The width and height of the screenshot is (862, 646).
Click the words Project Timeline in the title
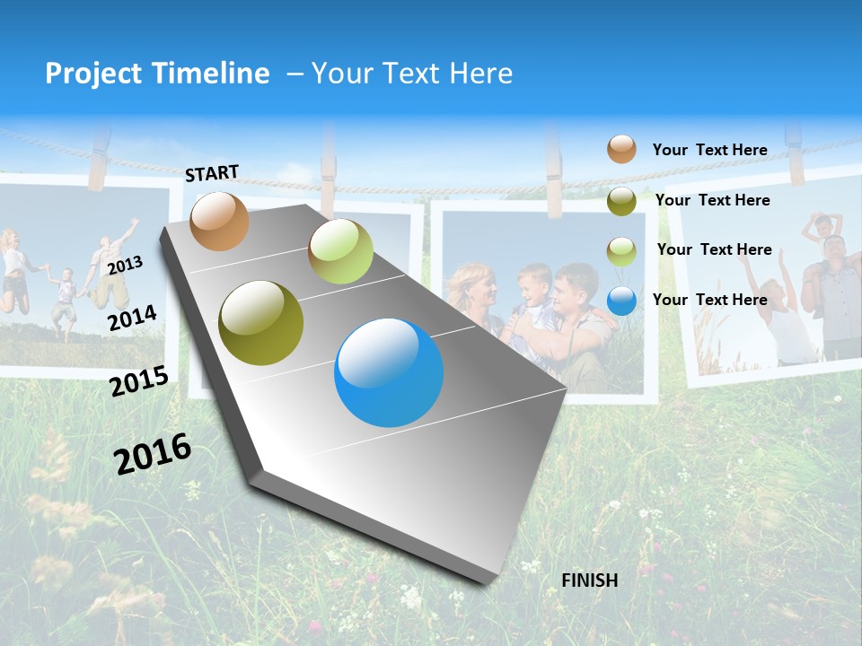coord(157,74)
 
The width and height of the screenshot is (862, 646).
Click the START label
coord(212,173)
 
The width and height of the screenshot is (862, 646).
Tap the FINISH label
coord(589,581)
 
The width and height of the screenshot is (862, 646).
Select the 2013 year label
coord(125,266)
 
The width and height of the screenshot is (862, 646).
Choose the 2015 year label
coord(139,381)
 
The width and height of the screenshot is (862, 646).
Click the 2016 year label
coord(153,453)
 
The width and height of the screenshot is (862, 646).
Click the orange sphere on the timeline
coord(219,221)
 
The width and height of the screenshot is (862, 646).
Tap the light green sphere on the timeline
coord(340,251)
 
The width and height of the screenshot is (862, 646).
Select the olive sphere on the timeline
coord(261,323)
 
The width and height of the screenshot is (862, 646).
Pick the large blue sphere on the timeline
coord(389,372)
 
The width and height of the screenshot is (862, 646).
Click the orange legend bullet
coord(621,149)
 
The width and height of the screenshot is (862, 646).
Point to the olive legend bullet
coord(621,201)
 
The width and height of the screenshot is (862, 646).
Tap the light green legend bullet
coord(621,251)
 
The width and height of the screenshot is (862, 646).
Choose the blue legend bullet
coord(621,301)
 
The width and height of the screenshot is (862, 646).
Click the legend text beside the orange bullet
coord(709,150)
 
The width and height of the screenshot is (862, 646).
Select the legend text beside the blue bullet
coord(709,300)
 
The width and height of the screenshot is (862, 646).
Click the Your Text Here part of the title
coord(412,74)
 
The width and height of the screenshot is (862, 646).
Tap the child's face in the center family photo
coord(534,280)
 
